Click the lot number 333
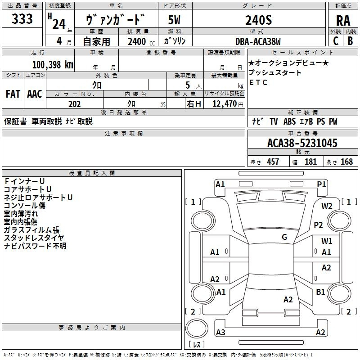[x=22, y=19]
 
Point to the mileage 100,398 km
[x=53, y=64]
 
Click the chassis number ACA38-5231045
[x=302, y=144]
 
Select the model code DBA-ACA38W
[x=258, y=41]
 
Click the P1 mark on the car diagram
[x=321, y=184]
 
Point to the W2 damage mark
[x=327, y=206]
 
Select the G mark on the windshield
[x=284, y=237]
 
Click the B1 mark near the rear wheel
[x=320, y=292]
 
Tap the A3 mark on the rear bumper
[x=220, y=333]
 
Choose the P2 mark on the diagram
[x=319, y=225]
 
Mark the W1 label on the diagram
[x=327, y=241]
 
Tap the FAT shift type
[x=13, y=94]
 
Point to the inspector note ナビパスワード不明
[x=35, y=246]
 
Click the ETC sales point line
[x=258, y=82]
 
